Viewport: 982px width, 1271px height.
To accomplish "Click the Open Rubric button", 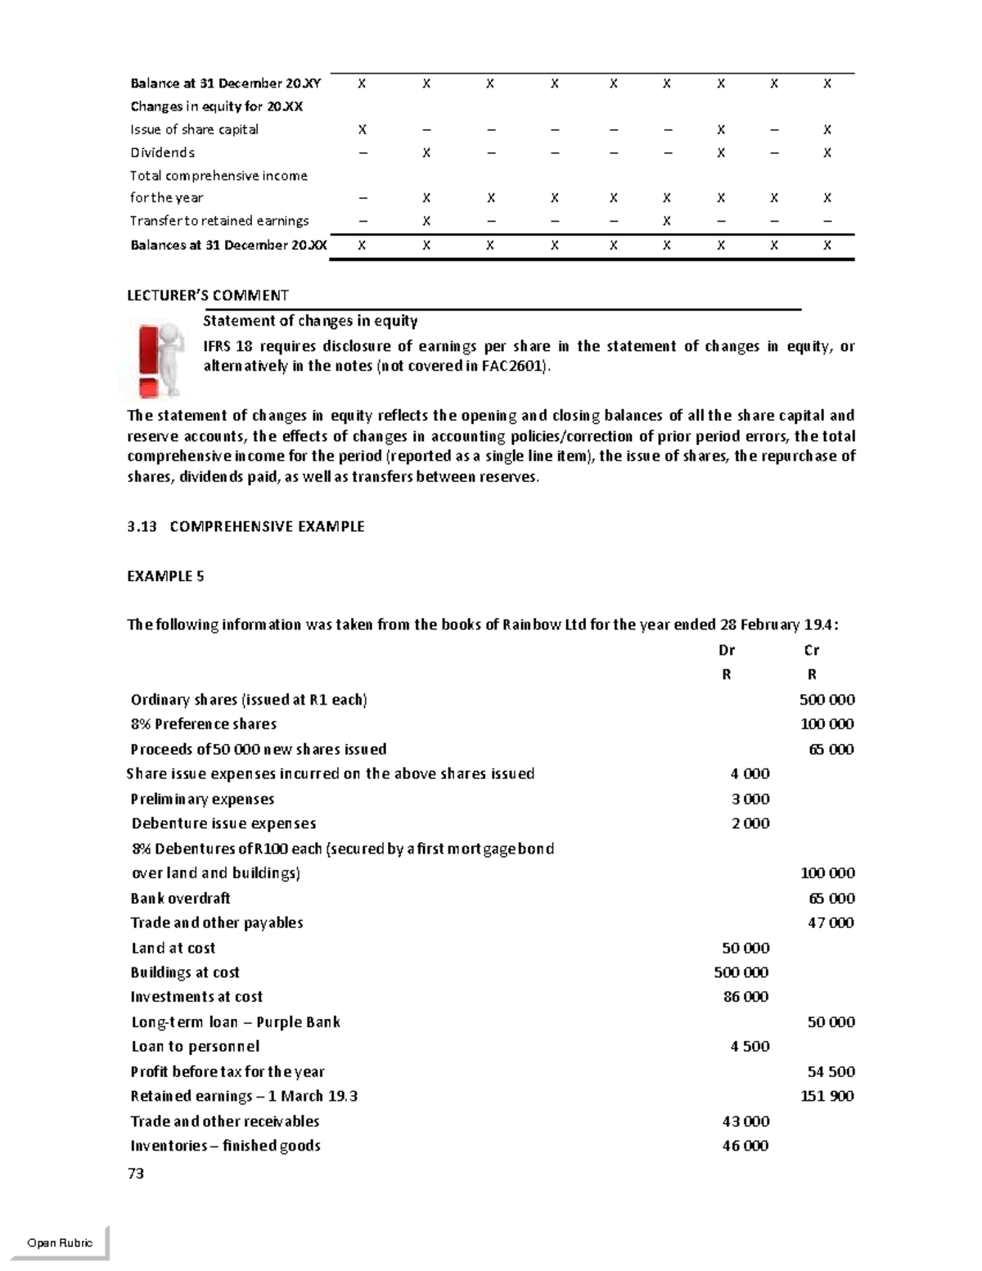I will [60, 1242].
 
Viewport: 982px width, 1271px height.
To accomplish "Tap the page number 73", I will [136, 1174].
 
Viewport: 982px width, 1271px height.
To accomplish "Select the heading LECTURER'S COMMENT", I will [208, 295].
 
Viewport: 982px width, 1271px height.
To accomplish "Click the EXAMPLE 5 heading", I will [165, 576].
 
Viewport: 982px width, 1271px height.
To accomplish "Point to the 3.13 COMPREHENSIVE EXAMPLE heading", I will [245, 526].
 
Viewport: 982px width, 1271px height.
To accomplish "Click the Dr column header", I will [726, 650].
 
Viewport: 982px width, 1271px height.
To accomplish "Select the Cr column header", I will [811, 650].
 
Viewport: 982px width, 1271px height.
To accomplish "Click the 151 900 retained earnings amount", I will [827, 1096].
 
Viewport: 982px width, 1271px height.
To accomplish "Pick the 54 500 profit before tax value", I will [831, 1071].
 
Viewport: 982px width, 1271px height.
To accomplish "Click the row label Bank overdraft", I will [180, 898].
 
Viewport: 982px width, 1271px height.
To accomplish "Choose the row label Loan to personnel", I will [196, 1046].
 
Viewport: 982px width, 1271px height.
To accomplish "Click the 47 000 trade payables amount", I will [831, 922].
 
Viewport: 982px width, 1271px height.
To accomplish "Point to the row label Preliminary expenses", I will [202, 799].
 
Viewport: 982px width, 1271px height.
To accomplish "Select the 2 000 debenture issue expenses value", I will [750, 823].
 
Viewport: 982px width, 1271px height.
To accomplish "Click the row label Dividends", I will [162, 152].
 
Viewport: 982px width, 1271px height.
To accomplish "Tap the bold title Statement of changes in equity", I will [310, 321].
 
